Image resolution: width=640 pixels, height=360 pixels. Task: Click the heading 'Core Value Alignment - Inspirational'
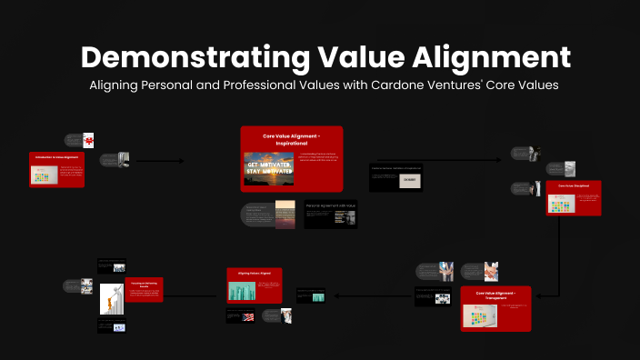(x=292, y=139)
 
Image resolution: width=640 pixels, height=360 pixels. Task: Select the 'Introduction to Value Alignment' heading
(x=57, y=158)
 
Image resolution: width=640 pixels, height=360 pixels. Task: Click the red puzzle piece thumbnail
(x=88, y=140)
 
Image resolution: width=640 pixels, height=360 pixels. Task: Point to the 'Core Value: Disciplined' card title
(x=574, y=185)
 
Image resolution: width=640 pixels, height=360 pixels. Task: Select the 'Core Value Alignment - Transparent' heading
(x=495, y=295)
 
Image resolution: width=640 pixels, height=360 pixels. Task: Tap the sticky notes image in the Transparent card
(x=477, y=315)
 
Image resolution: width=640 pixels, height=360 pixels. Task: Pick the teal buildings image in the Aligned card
(x=243, y=290)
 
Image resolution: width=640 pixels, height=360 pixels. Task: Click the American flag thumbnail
(x=247, y=316)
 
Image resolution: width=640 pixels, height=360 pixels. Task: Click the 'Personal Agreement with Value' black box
(x=330, y=215)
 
